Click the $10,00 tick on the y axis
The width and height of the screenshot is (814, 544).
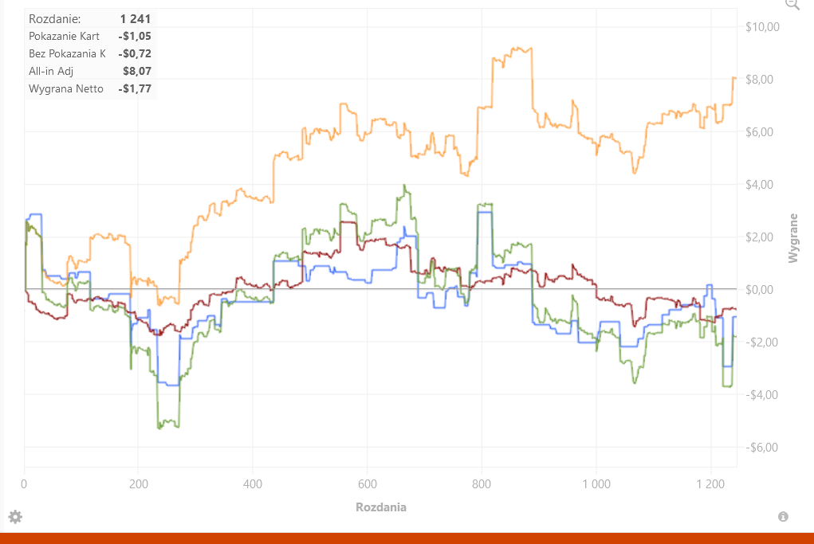[x=762, y=27]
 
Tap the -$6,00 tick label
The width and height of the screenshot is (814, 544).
[x=761, y=447]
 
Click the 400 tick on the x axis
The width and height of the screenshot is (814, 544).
[x=253, y=483]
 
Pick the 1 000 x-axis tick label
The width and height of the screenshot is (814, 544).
[x=596, y=483]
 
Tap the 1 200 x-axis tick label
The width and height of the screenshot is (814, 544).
[x=710, y=483]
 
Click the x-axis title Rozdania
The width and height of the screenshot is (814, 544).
[x=381, y=507]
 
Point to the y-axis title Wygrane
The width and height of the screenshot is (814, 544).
[x=792, y=238]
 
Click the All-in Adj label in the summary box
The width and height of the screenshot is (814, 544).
[x=51, y=71]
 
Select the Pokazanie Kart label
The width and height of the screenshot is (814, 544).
[x=64, y=36]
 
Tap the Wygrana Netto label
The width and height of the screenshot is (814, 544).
[x=66, y=88]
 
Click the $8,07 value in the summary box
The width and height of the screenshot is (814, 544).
[x=137, y=71]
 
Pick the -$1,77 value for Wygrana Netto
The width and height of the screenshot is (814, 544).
[x=135, y=88]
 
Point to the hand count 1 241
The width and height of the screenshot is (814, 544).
[x=135, y=18]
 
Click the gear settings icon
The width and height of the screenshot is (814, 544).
[x=15, y=516]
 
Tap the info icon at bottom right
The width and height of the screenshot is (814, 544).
[x=783, y=516]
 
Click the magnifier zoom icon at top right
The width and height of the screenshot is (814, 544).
[x=792, y=4]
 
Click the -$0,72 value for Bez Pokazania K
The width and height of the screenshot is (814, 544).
[x=135, y=53]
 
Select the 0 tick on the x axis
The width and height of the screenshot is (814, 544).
[x=24, y=483]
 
